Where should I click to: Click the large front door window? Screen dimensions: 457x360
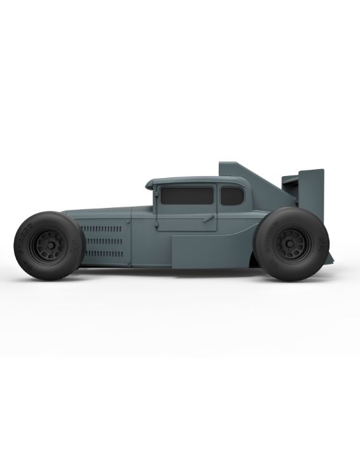point(187,196)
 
